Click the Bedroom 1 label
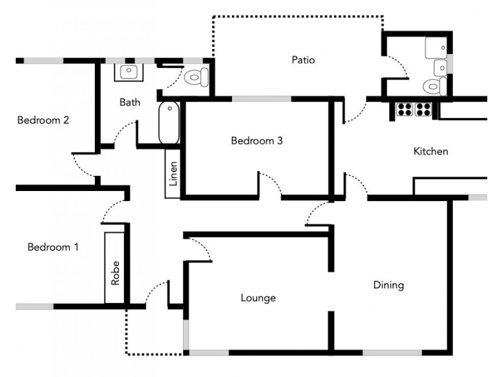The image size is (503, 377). pos(53,248)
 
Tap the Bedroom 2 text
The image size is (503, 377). pos(43,121)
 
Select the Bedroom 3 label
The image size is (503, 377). pos(257,141)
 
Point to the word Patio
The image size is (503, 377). pos(303,60)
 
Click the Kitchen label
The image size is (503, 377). pos(430,151)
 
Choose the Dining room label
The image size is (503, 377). pos(389,285)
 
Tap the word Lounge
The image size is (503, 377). pos(258,298)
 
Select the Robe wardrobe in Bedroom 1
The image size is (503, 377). pos(114,267)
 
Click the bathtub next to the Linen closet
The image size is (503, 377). pos(169,123)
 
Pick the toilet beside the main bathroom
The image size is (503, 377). pos(197,78)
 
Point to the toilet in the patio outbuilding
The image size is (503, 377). pos(434,86)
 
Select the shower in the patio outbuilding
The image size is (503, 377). pos(436,48)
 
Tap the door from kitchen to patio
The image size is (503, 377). pos(355,113)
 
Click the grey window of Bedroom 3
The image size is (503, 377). pos(261,99)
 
